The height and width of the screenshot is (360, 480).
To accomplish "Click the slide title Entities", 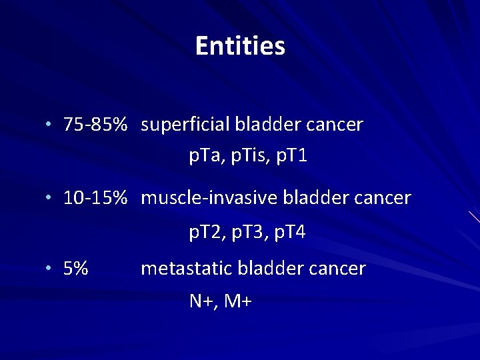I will (x=240, y=46).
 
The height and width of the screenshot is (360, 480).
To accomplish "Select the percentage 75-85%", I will (x=95, y=125).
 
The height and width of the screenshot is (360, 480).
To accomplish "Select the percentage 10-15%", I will (x=95, y=198).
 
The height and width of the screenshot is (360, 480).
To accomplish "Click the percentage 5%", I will (x=76, y=269).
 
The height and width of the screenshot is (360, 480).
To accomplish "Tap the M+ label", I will (x=237, y=302).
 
